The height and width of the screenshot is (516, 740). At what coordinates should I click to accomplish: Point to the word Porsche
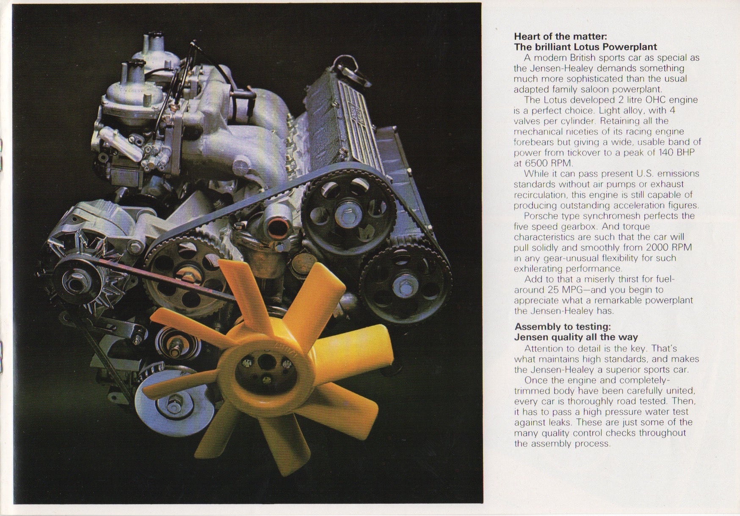pyautogui.click(x=540, y=216)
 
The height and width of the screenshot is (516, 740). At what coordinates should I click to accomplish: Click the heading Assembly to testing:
pyautogui.click(x=563, y=327)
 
